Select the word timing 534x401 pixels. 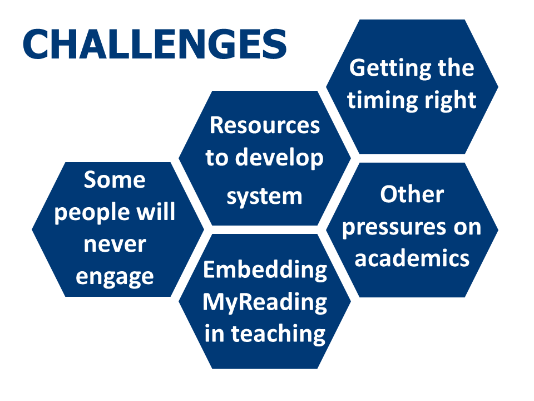point(378,101)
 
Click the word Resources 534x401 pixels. point(265,125)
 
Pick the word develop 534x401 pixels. point(279,158)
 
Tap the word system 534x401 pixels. point(265,197)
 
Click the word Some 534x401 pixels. point(115,180)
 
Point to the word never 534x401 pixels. point(115,244)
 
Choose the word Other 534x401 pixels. point(412,194)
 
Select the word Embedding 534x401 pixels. point(265,271)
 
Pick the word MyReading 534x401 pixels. point(265,303)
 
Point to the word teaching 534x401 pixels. point(279,334)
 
